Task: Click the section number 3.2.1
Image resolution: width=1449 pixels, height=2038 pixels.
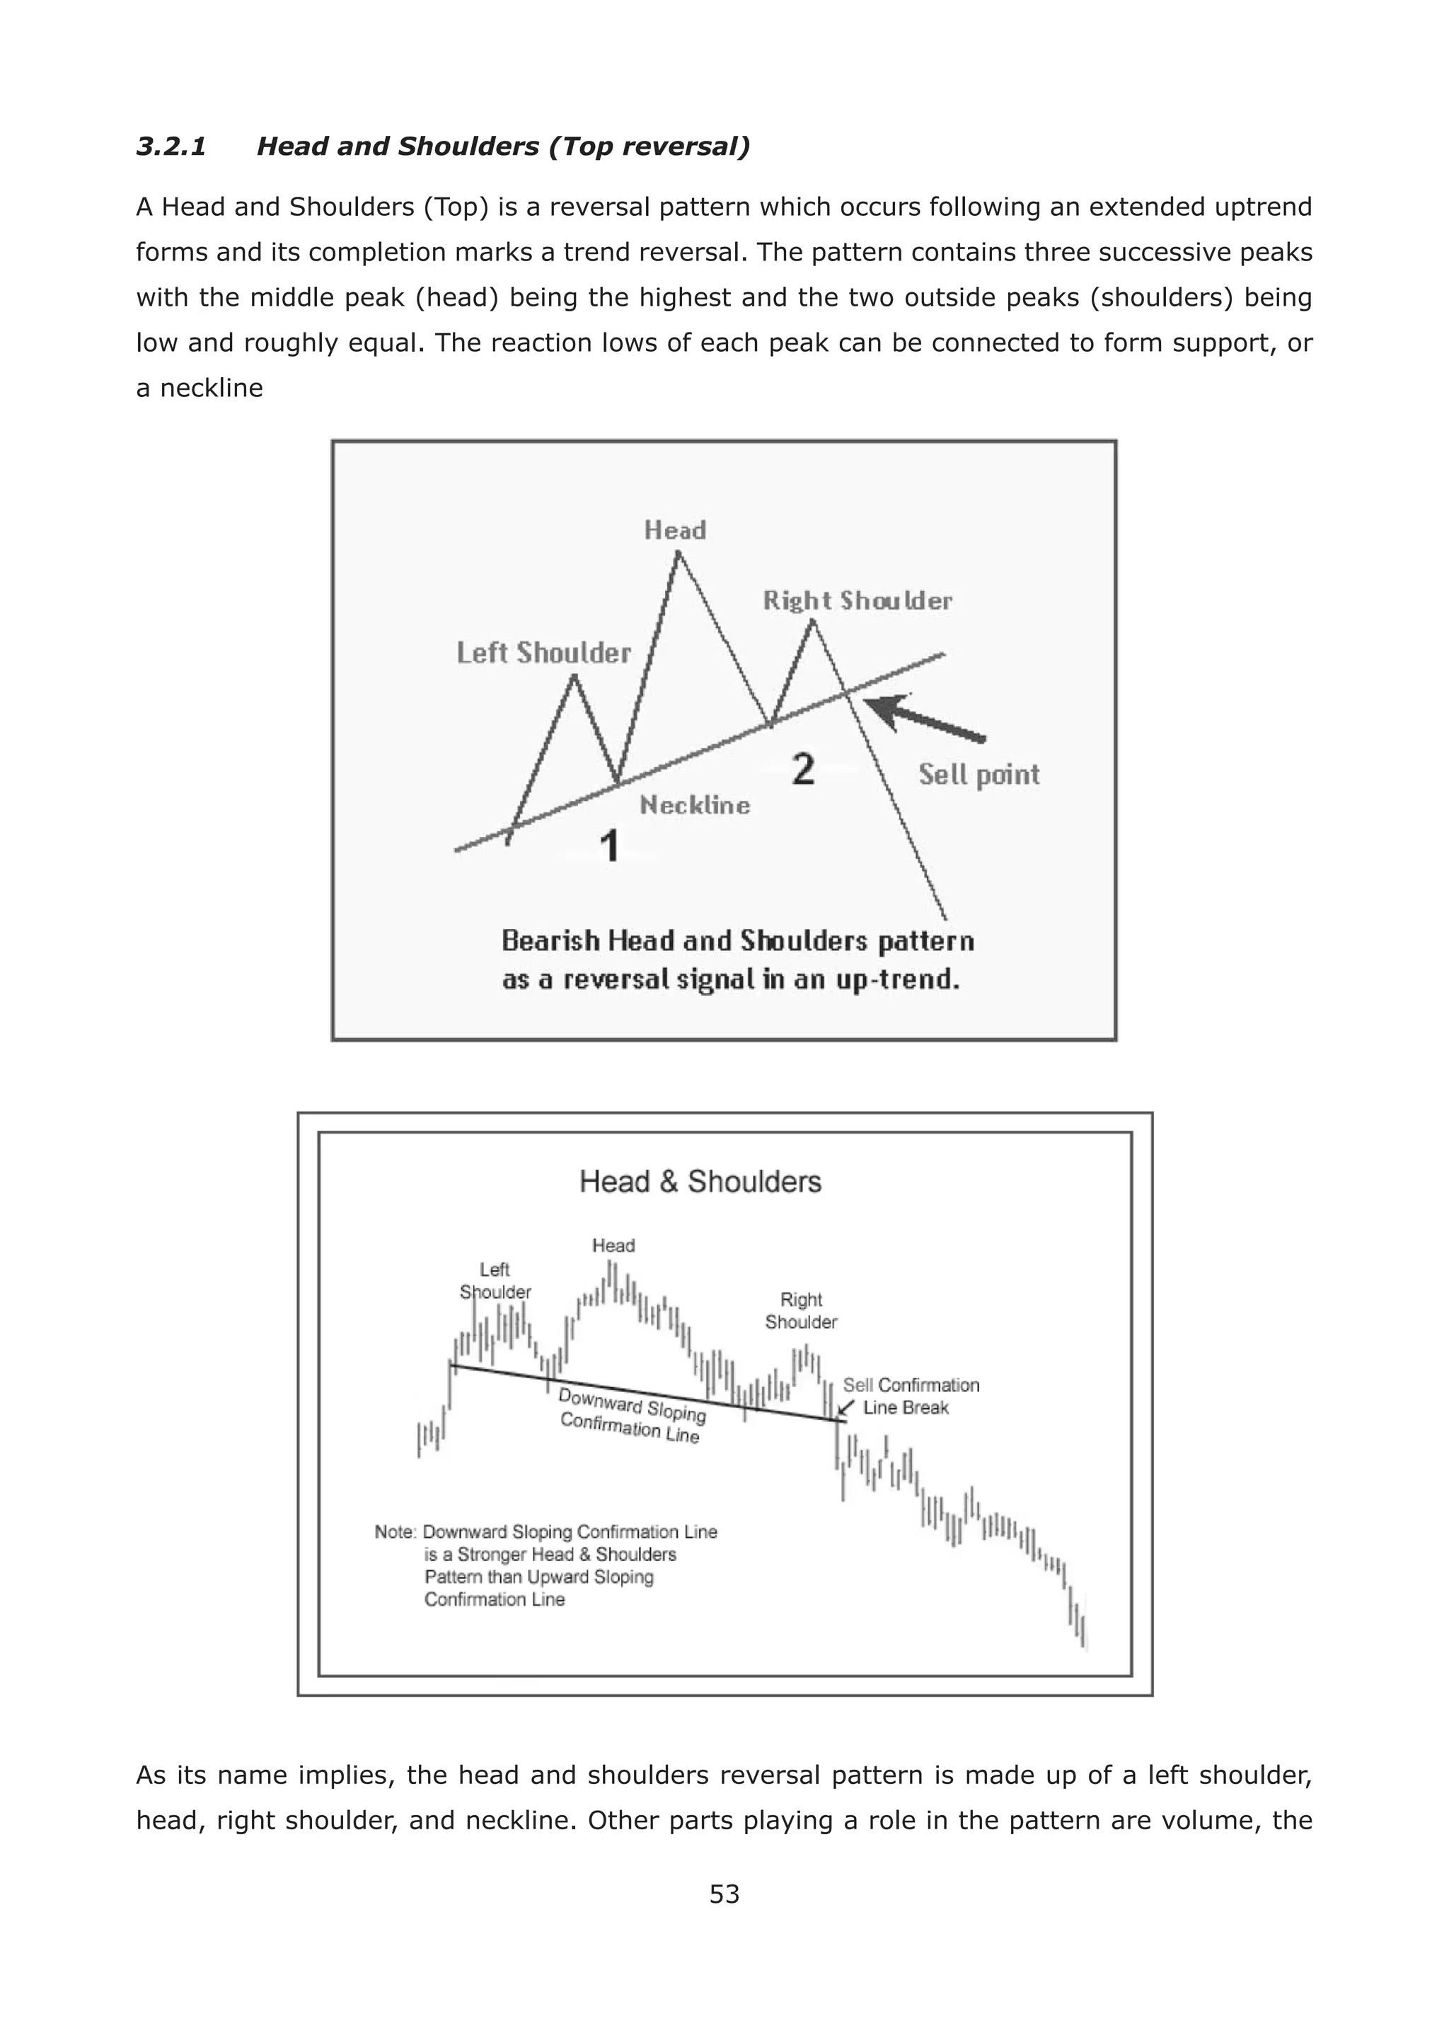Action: (x=171, y=146)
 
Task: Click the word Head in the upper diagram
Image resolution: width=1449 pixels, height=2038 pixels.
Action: (x=676, y=531)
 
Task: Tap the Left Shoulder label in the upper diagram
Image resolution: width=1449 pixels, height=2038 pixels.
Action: (x=543, y=653)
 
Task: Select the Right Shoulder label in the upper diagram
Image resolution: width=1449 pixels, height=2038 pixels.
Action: (x=858, y=601)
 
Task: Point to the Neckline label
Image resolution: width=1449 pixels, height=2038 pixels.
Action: (x=695, y=806)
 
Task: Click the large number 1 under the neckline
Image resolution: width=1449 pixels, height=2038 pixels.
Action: (x=609, y=846)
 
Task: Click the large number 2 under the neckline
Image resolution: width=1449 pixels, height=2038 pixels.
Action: (x=803, y=769)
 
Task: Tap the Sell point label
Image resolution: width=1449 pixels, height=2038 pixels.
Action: (x=978, y=775)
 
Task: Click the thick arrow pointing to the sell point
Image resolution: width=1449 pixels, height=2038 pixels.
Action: (x=928, y=719)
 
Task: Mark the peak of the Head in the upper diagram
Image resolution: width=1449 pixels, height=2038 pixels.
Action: (x=678, y=554)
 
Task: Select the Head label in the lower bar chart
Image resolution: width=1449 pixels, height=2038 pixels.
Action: (x=613, y=1245)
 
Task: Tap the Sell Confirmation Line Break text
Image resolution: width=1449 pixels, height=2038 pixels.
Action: (x=910, y=1396)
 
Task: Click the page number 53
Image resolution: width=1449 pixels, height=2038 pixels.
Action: (x=724, y=1894)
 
